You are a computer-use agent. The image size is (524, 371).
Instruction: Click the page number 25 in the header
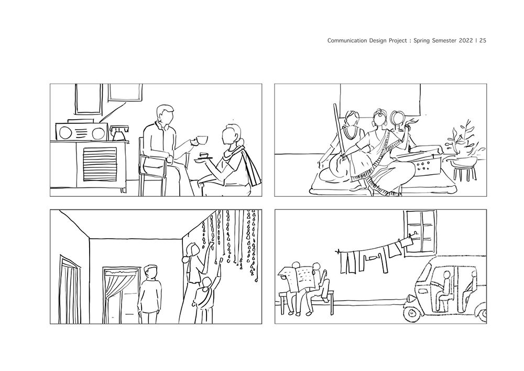pyautogui.click(x=483, y=40)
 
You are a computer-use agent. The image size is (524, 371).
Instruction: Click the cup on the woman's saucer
pyautogui.click(x=203, y=155)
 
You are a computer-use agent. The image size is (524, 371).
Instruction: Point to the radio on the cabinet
pyautogui.click(x=82, y=132)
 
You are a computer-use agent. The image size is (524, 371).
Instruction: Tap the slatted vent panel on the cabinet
pyautogui.click(x=100, y=164)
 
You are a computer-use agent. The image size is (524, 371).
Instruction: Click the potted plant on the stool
pyautogui.click(x=464, y=144)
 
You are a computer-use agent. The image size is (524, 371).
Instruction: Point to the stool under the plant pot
pyautogui.click(x=464, y=172)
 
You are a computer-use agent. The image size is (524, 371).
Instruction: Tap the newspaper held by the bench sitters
pyautogui.click(x=297, y=279)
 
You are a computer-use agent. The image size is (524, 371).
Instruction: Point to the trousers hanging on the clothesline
pyautogui.click(x=349, y=262)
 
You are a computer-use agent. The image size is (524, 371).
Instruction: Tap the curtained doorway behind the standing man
pyautogui.click(x=121, y=295)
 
